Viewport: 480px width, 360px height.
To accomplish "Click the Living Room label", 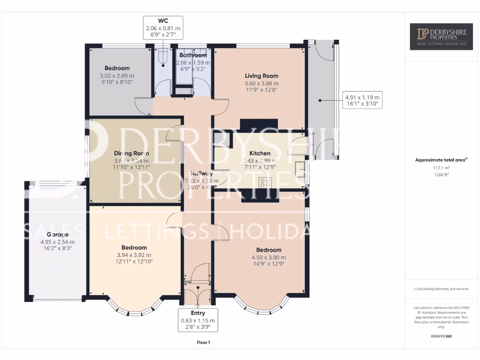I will point(262,76).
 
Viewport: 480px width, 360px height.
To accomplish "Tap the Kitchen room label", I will point(260,153).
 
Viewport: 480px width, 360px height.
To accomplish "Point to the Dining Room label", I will point(132,153).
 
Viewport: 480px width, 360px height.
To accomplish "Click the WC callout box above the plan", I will point(163,28).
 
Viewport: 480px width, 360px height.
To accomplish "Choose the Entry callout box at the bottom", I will point(198,320).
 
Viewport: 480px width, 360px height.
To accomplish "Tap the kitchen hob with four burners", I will point(265,182).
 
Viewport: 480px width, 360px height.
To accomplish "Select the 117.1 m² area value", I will point(441,168).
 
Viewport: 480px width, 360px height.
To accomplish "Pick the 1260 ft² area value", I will point(441,175).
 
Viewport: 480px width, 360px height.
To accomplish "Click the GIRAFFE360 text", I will point(441,336).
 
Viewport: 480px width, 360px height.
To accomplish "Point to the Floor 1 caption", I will point(203,343).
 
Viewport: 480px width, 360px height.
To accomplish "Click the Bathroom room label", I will point(193,55).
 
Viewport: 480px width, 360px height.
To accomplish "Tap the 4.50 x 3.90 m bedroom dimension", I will point(269,257).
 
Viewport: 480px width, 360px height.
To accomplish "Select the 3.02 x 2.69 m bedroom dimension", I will point(117,75).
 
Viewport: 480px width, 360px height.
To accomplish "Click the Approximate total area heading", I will point(441,160).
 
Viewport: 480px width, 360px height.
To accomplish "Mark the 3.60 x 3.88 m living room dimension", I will point(262,83).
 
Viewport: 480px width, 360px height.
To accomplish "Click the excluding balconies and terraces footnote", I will point(441,289).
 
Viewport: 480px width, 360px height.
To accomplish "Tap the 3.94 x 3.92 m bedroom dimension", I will point(134,255).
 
